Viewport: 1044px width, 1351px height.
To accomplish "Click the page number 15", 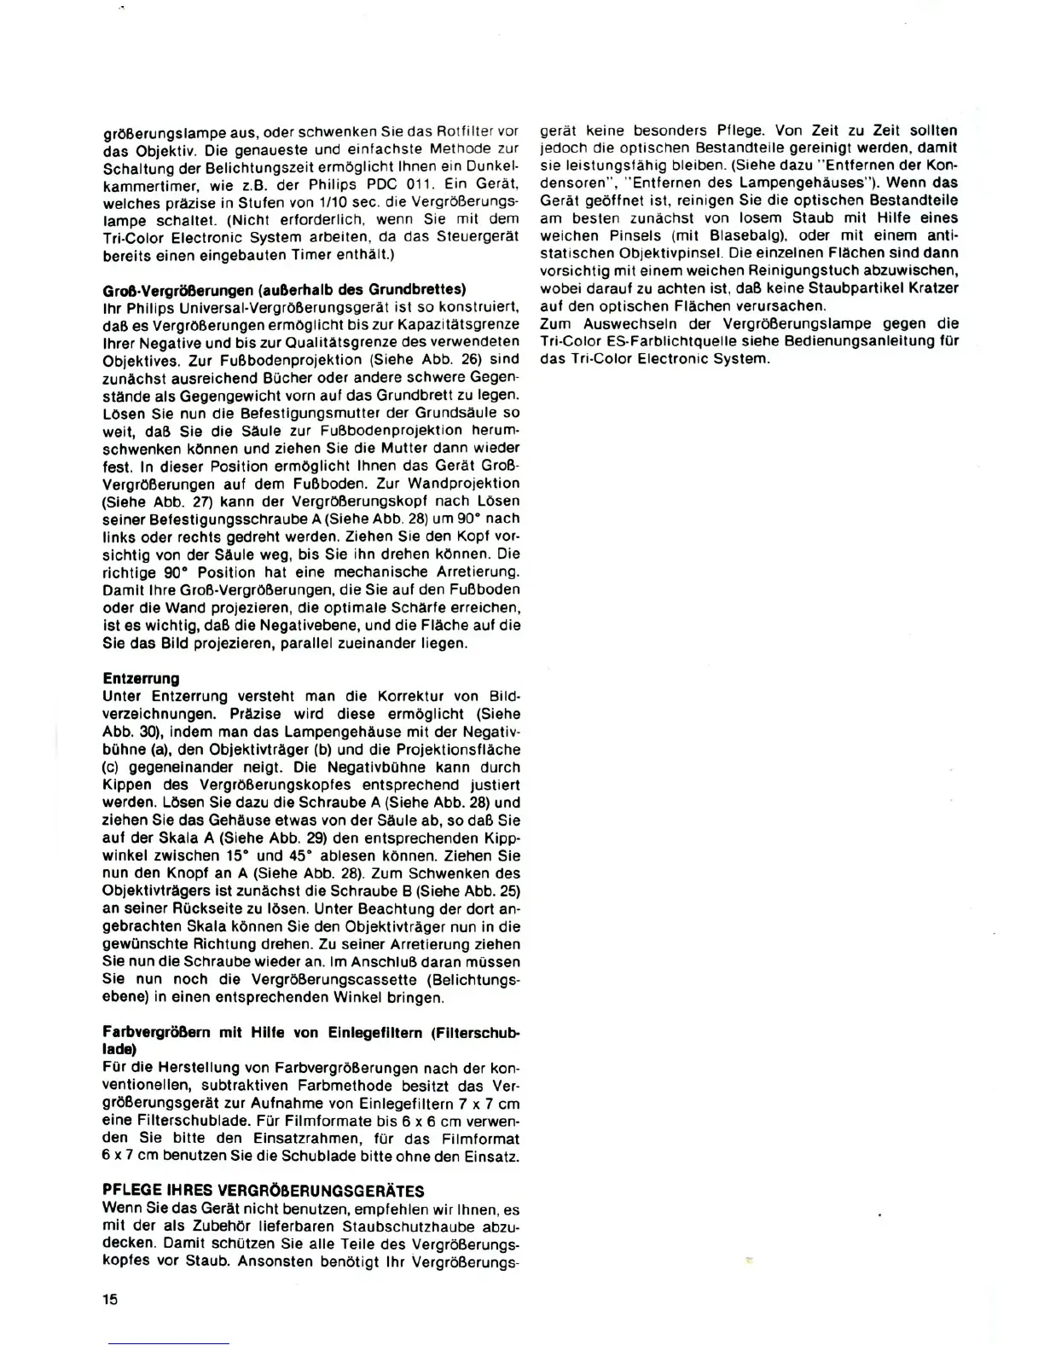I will pos(110,1300).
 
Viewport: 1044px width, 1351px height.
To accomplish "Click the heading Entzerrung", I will pos(141,678).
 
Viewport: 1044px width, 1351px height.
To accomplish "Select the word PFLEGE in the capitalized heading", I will pos(129,1191).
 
